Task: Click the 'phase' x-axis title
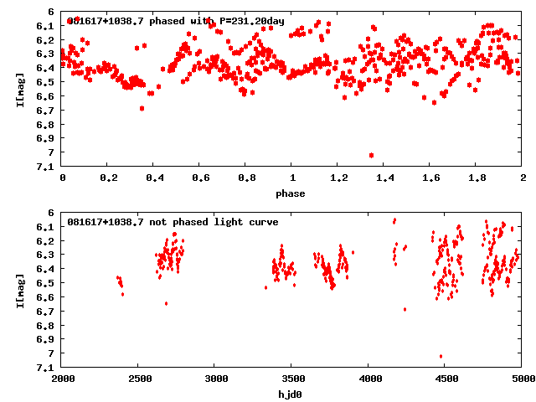291,193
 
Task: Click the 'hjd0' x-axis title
291,394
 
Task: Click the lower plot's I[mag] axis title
18,290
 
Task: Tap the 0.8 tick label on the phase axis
245,180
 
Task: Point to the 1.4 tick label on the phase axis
384,180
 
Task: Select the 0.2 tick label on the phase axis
108,180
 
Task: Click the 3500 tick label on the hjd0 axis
291,380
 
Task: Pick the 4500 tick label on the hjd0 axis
445,380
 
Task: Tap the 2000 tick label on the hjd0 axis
63,380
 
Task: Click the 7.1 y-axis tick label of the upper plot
46,167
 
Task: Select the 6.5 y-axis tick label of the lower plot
46,283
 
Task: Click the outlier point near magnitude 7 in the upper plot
371,155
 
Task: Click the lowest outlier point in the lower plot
441,357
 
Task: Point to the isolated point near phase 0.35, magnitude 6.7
142,108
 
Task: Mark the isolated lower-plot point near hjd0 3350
266,287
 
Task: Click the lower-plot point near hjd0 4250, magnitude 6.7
405,309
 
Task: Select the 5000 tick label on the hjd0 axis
521,380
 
